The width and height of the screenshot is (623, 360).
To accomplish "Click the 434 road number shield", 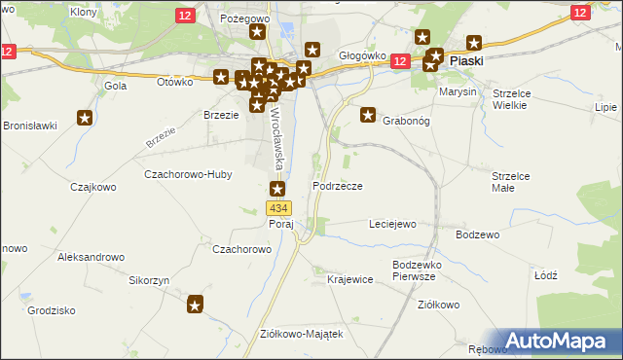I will coord(278,208).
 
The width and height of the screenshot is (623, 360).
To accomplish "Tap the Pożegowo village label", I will coord(244,18).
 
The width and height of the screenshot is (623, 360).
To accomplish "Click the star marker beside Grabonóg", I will coord(369,115).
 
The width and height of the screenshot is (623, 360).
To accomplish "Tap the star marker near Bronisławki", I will coord(85,119).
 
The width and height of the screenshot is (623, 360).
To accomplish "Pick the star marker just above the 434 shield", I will coord(278,190).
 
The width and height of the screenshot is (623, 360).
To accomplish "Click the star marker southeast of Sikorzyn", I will coord(196,306).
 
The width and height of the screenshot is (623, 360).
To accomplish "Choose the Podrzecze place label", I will coord(338,185).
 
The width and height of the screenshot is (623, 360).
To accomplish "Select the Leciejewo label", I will coord(392,224).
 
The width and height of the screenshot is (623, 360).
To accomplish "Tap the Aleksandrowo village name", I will coord(92,257).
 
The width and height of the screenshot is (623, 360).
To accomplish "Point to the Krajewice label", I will coord(350,279).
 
